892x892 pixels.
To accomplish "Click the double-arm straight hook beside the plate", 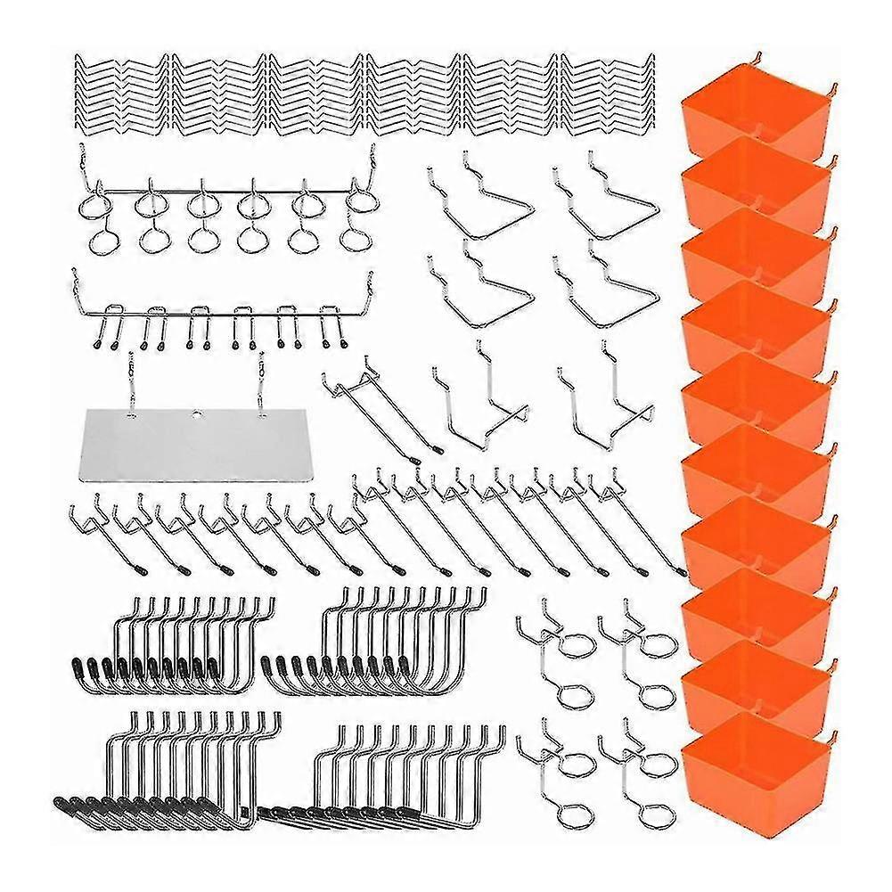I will pyautogui.click(x=379, y=406).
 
